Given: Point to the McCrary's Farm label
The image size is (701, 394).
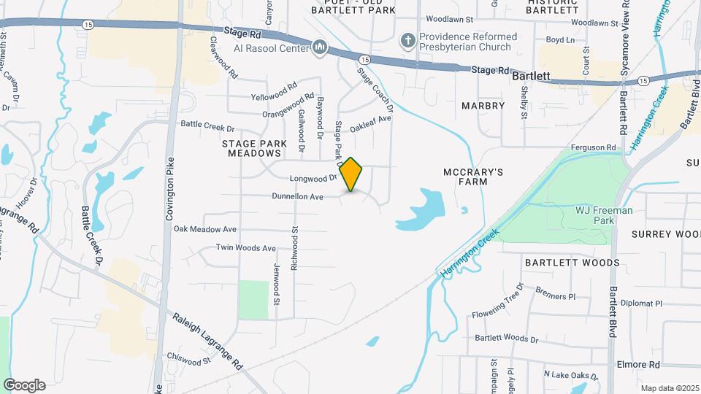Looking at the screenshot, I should coord(474,178).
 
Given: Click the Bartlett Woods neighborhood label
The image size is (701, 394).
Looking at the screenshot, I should coord(572,263).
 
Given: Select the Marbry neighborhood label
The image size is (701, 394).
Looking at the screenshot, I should coord(483,106).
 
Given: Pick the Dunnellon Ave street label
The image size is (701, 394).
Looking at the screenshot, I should coord(297,196).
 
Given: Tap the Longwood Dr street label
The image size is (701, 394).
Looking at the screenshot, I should coord(312,178).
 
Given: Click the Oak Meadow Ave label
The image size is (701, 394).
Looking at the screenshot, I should coord(205,229).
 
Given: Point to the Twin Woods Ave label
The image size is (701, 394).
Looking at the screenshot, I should coord(245,248).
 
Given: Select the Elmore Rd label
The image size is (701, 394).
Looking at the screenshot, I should coord(639,364).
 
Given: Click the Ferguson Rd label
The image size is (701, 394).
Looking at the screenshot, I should coord(594,147).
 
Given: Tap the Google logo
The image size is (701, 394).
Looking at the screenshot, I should coord(24,385).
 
